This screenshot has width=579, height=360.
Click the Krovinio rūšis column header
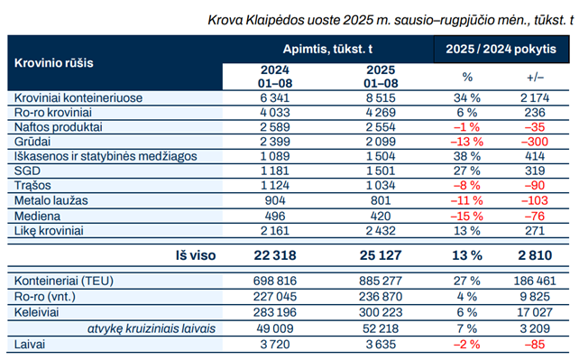pyautogui.click(x=53, y=63)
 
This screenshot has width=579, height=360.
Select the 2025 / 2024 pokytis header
pyautogui.click(x=501, y=49)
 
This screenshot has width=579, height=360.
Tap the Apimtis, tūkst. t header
pyautogui.click(x=327, y=49)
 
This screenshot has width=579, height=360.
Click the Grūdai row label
pyautogui.click(x=32, y=142)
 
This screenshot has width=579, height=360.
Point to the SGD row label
pyautogui.click(x=27, y=171)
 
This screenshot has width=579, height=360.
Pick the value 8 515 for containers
pyautogui.click(x=381, y=97)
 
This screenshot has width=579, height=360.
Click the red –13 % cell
pyautogui.click(x=467, y=142)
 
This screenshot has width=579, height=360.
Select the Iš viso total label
pyautogui.click(x=196, y=255)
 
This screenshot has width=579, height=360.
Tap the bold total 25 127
pyautogui.click(x=381, y=255)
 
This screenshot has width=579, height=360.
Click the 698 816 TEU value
pyautogui.click(x=275, y=281)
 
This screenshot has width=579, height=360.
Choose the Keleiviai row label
pyautogui.click(x=36, y=312)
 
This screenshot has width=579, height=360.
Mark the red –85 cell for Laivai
pyautogui.click(x=535, y=345)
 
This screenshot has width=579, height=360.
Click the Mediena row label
pyautogui.click(x=37, y=216)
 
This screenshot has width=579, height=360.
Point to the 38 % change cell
pyautogui.click(x=467, y=156)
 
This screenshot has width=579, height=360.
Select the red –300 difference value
pyautogui.click(x=535, y=142)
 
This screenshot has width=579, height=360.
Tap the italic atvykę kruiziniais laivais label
pyautogui.click(x=152, y=328)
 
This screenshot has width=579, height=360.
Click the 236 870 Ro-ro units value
pyautogui.click(x=381, y=297)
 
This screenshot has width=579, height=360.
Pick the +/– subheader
pyautogui.click(x=535, y=78)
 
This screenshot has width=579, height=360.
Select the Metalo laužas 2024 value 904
pyautogui.click(x=275, y=200)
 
